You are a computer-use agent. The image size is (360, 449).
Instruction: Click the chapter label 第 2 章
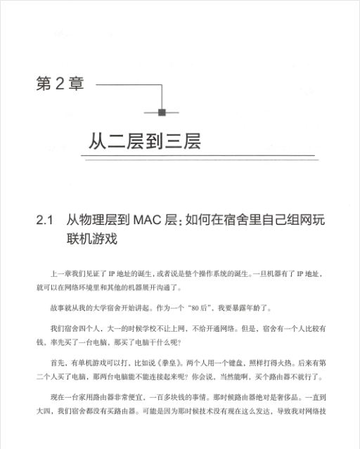[x=59, y=85]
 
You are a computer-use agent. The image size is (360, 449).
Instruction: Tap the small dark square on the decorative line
[x=162, y=112]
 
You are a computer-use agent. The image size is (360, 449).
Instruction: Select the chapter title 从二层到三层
[x=145, y=141]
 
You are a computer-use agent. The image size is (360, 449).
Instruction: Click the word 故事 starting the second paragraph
[x=58, y=308]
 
